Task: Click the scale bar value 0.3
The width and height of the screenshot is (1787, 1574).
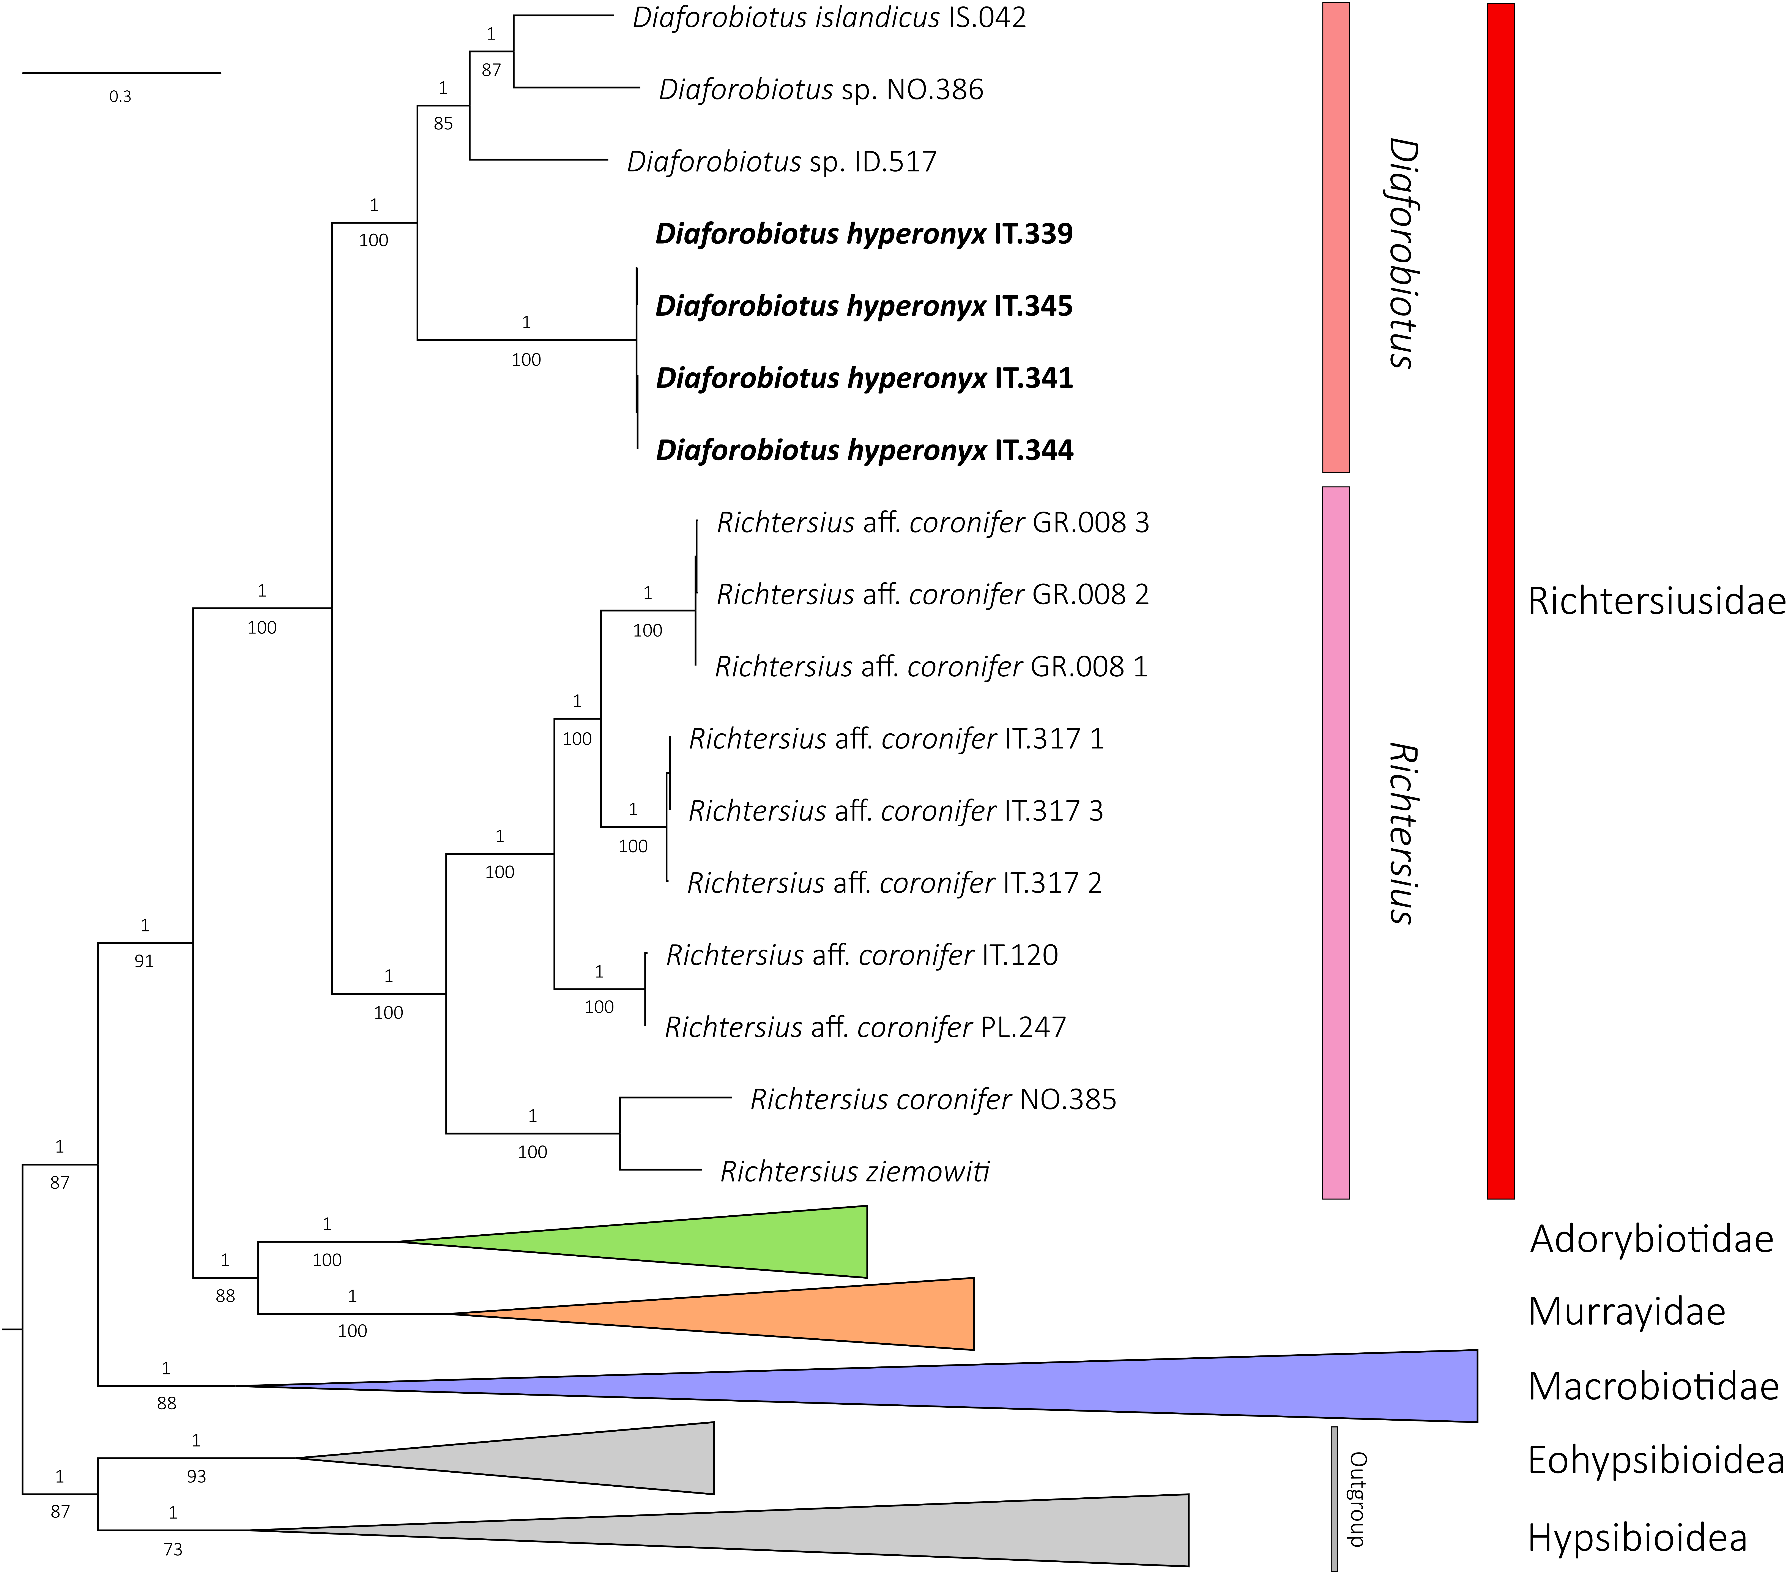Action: [x=121, y=96]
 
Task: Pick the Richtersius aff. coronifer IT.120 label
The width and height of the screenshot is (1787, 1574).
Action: [x=862, y=955]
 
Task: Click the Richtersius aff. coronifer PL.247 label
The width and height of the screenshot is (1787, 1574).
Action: [x=865, y=1027]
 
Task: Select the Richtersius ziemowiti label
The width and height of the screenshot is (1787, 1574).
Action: [x=855, y=1172]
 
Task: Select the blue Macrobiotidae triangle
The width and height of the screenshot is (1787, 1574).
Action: [x=1136, y=1386]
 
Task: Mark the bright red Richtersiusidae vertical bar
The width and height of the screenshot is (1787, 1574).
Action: [x=1500, y=602]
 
